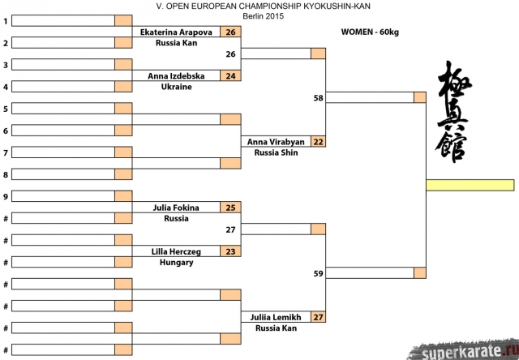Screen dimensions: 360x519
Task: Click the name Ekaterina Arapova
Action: (176, 32)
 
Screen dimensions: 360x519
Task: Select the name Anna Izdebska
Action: (176, 76)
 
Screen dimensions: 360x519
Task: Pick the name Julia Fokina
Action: (176, 208)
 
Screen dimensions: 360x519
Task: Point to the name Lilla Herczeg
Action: (176, 251)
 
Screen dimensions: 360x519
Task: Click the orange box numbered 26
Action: (231, 32)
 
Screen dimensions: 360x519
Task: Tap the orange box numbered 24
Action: (231, 76)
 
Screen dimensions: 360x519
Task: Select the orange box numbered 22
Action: (318, 142)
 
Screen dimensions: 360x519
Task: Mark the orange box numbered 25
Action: (231, 208)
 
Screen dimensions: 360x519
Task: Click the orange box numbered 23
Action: (231, 251)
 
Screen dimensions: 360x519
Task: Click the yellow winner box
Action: (470, 185)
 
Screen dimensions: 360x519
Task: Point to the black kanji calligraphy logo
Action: (454, 114)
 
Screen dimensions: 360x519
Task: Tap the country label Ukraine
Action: (176, 87)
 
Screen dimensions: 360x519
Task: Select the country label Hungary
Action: (176, 262)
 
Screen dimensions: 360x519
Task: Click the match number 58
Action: (318, 98)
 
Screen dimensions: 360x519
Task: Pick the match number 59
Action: (318, 273)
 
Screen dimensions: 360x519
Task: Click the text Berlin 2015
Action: (259, 15)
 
